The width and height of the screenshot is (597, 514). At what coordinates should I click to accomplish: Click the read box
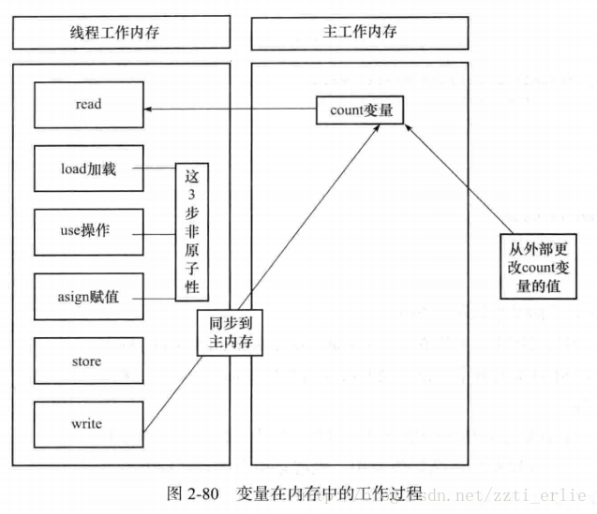tap(89, 105)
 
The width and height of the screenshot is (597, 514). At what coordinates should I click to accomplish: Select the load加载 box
tap(89, 171)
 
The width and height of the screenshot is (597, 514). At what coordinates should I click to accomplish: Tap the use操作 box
tap(89, 232)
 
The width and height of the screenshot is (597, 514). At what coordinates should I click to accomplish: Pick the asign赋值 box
tap(89, 298)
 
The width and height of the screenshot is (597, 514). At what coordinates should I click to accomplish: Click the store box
tap(89, 361)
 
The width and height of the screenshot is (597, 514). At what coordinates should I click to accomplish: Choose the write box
tap(89, 424)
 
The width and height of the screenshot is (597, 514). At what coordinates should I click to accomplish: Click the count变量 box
tap(361, 110)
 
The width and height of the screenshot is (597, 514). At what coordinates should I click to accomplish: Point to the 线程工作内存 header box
tap(122, 33)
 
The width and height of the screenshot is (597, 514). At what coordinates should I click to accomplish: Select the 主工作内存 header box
tap(359, 33)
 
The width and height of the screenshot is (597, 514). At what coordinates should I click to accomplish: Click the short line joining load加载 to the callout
tap(159, 171)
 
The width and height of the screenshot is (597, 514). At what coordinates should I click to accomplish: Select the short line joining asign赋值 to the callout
tap(159, 298)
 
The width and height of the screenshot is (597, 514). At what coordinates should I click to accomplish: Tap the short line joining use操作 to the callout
tap(159, 232)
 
